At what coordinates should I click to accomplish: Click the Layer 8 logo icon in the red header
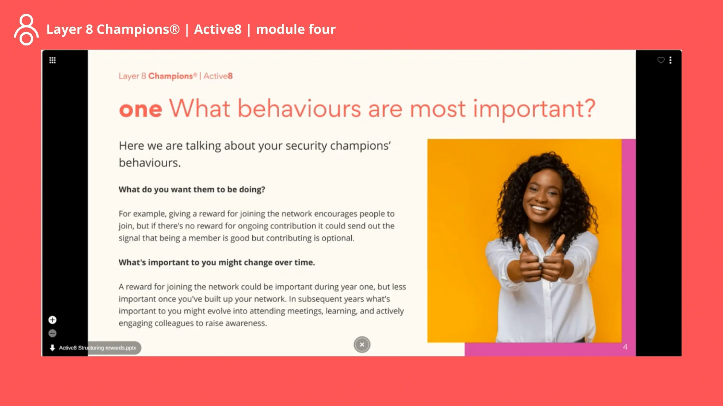(26, 30)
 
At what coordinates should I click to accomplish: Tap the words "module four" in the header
(296, 29)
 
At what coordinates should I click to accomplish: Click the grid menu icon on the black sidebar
(52, 60)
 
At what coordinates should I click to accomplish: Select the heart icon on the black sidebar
(660, 60)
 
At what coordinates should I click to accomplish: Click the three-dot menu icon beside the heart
(670, 60)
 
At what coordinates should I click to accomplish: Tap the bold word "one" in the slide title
(140, 109)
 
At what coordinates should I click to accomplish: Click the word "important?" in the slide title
(534, 109)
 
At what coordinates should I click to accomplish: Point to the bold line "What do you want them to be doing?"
(192, 189)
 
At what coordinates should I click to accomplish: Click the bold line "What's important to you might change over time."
(217, 262)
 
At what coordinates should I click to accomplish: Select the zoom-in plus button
(52, 320)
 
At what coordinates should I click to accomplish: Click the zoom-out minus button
(52, 333)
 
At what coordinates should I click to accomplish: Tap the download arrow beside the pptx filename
(52, 348)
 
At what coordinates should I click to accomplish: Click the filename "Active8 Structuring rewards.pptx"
(98, 348)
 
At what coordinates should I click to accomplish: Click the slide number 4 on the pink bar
(625, 347)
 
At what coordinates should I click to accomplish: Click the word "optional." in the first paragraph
(338, 238)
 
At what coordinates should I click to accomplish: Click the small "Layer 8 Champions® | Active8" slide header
(175, 76)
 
